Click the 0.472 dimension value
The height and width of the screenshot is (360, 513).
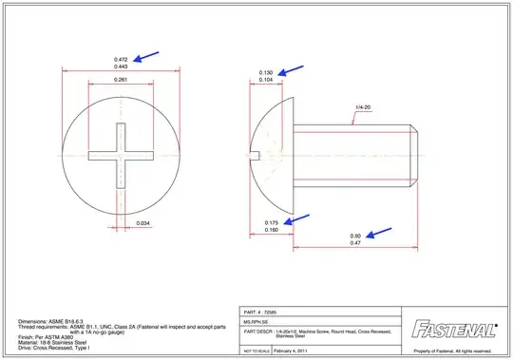tap(121, 58)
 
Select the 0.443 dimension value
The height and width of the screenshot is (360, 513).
tap(121, 66)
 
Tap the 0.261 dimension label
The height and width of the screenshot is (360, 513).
tap(121, 81)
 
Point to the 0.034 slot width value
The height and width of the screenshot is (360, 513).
tap(142, 222)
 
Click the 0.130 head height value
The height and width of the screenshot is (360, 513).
tap(266, 73)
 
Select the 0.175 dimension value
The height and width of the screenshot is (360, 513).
tap(271, 222)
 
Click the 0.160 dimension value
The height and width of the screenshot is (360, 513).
tap(271, 231)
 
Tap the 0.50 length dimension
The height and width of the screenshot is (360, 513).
tap(355, 236)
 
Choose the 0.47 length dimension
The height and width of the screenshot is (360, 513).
tap(355, 244)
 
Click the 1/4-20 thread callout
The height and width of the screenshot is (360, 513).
tap(363, 107)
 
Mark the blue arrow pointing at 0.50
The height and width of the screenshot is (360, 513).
tap(382, 231)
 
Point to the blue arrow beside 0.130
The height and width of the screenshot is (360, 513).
tap(292, 70)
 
